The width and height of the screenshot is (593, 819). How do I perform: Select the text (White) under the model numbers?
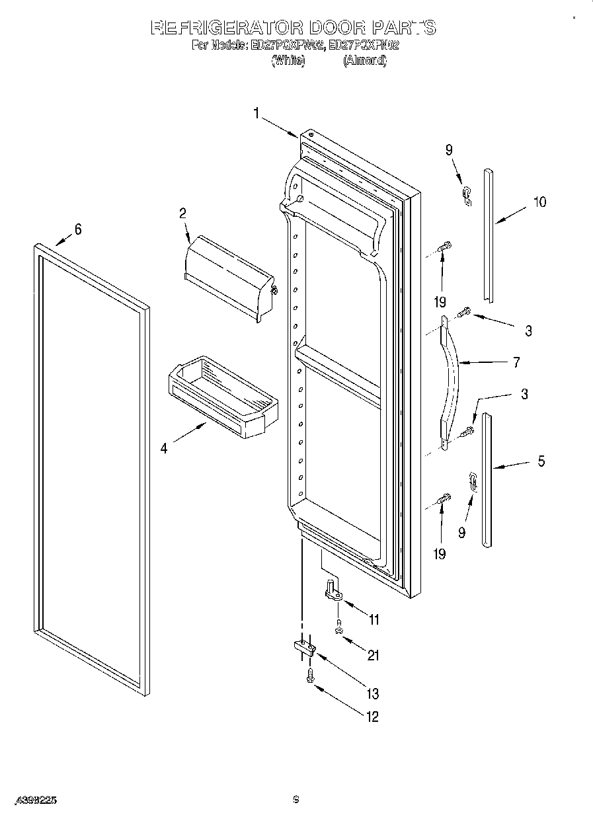[x=288, y=60]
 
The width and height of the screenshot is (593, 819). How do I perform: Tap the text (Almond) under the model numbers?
[x=364, y=60]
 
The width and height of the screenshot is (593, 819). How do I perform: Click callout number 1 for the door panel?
[x=257, y=113]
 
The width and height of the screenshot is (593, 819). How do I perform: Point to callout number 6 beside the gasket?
[x=78, y=229]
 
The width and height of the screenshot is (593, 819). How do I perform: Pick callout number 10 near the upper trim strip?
[x=539, y=202]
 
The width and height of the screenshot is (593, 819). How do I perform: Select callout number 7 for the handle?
[x=516, y=362]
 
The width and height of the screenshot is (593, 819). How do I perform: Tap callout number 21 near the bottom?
[x=374, y=655]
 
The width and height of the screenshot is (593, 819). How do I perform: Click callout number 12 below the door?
[x=374, y=716]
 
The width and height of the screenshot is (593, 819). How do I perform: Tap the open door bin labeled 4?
[x=221, y=397]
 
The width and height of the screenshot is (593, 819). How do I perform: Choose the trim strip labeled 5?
[x=487, y=479]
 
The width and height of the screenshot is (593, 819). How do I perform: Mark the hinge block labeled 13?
[x=301, y=648]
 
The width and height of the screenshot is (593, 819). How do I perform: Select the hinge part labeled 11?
[x=332, y=590]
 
